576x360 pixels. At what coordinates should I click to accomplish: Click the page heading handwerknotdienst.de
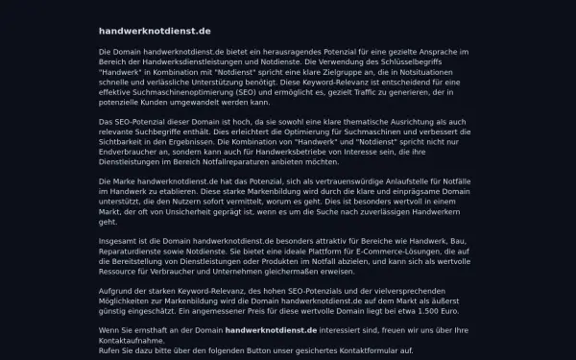154,31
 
